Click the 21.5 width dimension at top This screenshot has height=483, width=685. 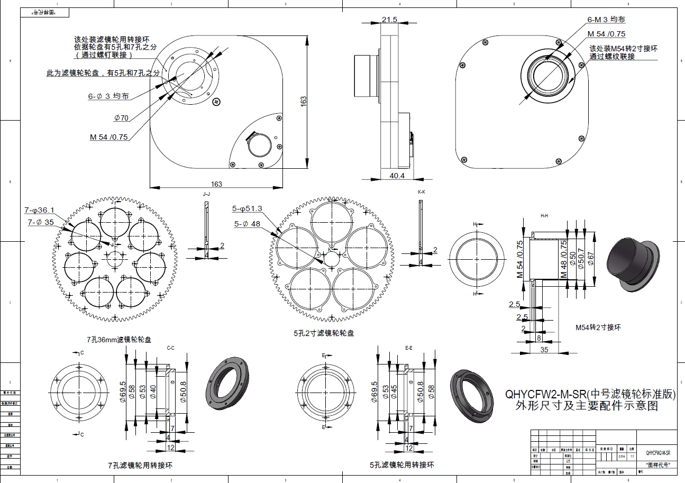click(x=389, y=20)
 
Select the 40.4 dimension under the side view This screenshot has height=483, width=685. click(x=397, y=176)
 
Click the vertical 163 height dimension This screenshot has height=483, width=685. click(x=304, y=102)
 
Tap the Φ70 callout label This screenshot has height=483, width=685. click(x=121, y=117)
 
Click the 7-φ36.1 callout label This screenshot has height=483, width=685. click(x=39, y=211)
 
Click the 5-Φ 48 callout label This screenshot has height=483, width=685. click(x=248, y=223)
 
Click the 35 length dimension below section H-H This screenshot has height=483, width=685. click(x=544, y=350)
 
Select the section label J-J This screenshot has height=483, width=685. click(x=206, y=194)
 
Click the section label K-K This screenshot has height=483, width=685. click(x=421, y=192)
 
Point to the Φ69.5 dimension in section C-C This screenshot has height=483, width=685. click(x=123, y=391)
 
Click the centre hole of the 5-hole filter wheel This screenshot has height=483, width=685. click(x=333, y=259)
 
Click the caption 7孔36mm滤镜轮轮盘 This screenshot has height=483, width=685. click(x=116, y=339)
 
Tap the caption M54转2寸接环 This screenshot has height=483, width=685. click(x=598, y=327)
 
